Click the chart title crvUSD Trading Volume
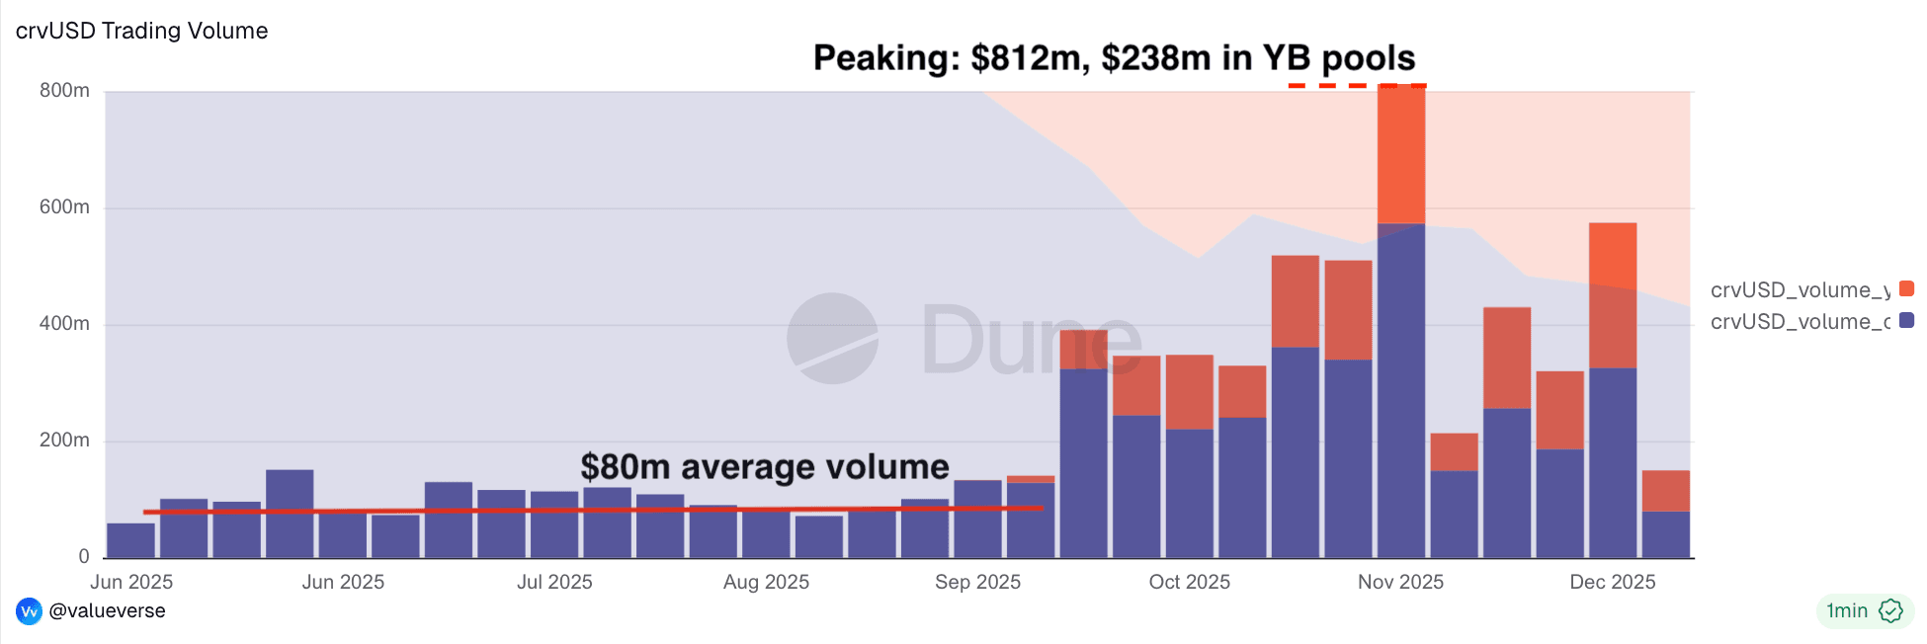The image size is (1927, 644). click(141, 31)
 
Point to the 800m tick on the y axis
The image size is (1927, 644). click(64, 91)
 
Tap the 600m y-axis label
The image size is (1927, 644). click(64, 207)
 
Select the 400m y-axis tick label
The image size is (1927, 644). click(64, 324)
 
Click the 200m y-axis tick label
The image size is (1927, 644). click(64, 441)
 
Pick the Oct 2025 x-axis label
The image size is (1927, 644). click(1189, 582)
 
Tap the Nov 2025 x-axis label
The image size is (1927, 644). click(1400, 582)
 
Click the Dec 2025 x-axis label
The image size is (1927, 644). click(1612, 582)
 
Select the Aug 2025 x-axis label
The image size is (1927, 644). click(766, 582)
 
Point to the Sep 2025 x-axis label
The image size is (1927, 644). click(977, 582)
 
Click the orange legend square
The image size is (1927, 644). click(1906, 288)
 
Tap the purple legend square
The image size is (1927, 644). click(1906, 320)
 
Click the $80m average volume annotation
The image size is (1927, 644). click(764, 466)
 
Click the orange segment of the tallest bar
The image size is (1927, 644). click(1401, 155)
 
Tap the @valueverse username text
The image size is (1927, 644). click(107, 610)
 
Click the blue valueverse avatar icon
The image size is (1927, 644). click(29, 611)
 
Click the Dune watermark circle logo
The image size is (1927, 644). click(832, 338)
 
